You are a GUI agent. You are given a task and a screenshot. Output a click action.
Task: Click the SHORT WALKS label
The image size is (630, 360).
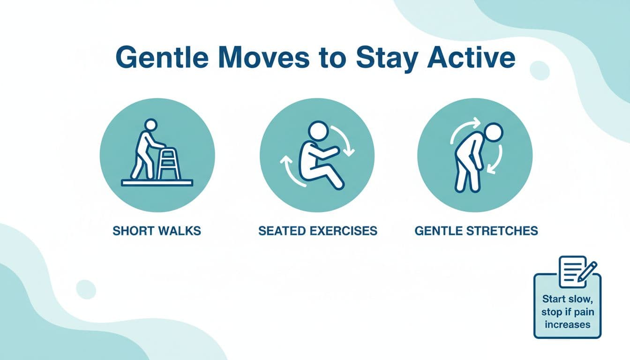[x=157, y=231]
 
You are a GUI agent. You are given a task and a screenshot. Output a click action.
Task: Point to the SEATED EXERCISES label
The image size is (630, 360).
[x=317, y=231]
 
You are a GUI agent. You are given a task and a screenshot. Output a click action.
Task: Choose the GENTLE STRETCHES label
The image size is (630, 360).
[x=476, y=231]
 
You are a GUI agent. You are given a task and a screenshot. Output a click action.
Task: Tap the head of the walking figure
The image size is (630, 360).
[x=150, y=125]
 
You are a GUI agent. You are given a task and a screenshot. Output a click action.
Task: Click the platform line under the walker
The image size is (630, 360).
[x=157, y=183]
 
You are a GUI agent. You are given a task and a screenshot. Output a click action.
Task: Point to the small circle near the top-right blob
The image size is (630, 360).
[x=539, y=71]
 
